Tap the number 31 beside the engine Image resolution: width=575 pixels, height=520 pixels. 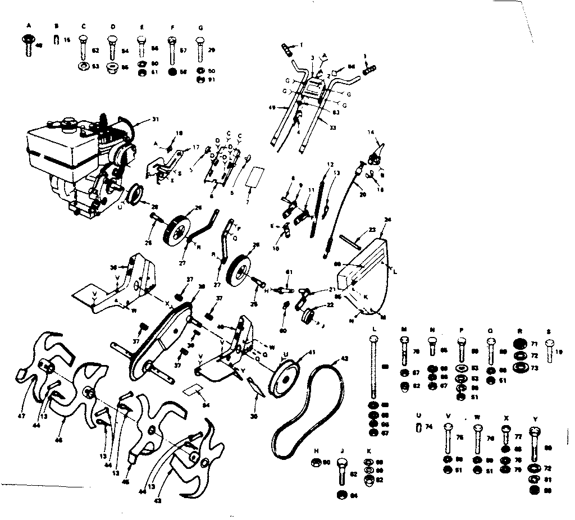pos(156,119)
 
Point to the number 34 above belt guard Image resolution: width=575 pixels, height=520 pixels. pos(387,220)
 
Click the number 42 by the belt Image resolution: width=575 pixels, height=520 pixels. pos(344,358)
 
